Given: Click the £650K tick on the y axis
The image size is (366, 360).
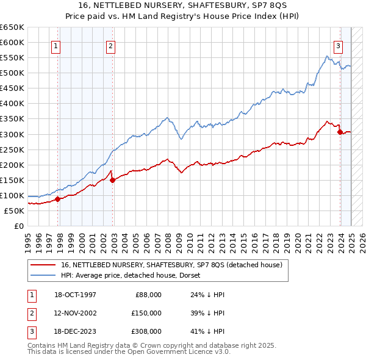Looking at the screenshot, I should [12, 27].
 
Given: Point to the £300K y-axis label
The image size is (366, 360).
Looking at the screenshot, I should [12, 134].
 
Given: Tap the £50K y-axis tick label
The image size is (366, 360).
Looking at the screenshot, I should [15, 211].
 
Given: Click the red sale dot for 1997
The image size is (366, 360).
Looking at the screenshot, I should [58, 198].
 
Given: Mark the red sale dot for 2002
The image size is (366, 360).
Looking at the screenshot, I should [113, 179].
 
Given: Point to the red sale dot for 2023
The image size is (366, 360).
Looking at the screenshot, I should [340, 131].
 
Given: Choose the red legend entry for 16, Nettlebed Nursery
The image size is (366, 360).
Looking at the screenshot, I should [171, 265].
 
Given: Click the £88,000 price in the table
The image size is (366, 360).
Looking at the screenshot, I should [148, 295].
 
